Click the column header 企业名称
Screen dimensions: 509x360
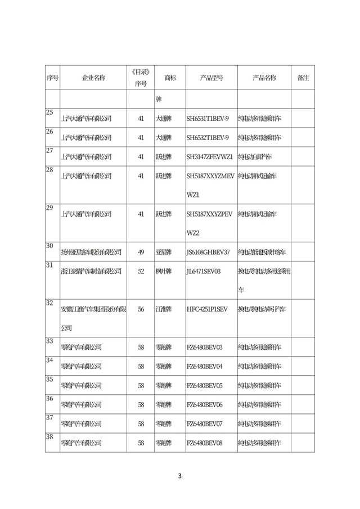click(93, 78)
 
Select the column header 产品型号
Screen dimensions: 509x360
click(211, 78)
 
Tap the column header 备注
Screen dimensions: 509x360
click(303, 78)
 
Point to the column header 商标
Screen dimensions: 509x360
click(170, 78)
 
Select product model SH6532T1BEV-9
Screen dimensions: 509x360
click(208, 138)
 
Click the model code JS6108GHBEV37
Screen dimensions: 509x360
click(208, 252)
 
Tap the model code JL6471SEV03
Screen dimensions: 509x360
click(204, 271)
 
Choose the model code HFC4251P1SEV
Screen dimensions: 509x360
click(206, 309)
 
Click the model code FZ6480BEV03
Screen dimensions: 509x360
click(204, 347)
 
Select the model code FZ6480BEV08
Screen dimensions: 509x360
click(204, 443)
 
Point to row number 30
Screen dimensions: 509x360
click(49, 246)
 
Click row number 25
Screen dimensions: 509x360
click(49, 112)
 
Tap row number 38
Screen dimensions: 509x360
click(49, 436)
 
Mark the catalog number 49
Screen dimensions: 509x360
click(141, 252)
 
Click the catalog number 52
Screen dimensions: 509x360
click(141, 271)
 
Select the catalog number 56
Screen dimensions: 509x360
click(141, 309)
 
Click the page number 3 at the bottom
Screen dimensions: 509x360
click(180, 476)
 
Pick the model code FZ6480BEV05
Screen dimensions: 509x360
click(204, 385)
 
